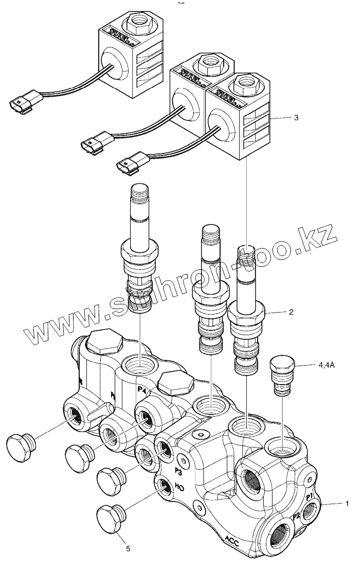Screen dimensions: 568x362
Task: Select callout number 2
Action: (291, 312)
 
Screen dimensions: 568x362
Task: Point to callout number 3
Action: (296, 118)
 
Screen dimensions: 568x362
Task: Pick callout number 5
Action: (128, 548)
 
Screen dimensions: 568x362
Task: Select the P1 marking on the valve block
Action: (309, 497)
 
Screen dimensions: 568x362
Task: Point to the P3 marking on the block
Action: (178, 471)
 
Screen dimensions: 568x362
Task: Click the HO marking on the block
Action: (180, 486)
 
